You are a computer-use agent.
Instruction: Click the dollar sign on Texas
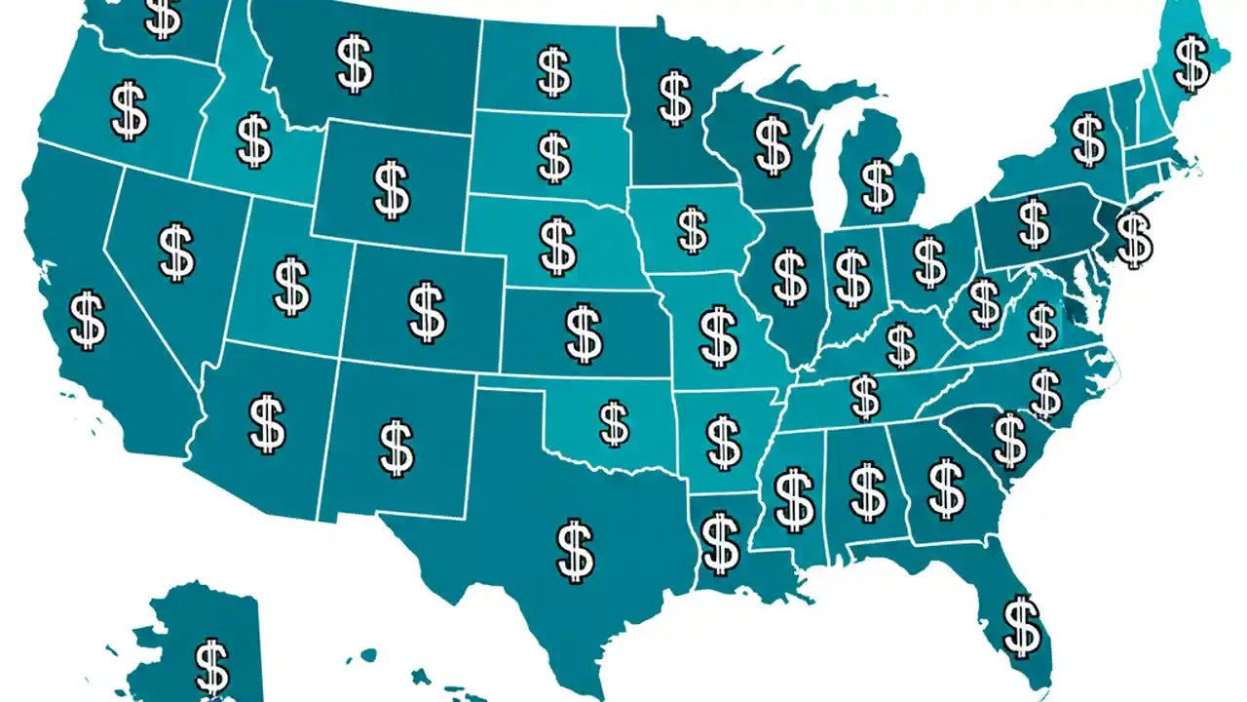click(x=575, y=550)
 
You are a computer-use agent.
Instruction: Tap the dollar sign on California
click(x=88, y=320)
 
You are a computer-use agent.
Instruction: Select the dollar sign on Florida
click(x=1021, y=626)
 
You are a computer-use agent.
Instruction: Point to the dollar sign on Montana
click(x=354, y=64)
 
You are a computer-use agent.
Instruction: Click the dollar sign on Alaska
click(x=211, y=667)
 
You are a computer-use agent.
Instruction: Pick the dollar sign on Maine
click(x=1191, y=62)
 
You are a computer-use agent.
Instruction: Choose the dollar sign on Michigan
click(x=877, y=185)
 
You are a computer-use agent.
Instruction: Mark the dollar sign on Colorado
click(x=426, y=312)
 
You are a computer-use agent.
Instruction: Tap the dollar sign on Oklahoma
click(x=614, y=424)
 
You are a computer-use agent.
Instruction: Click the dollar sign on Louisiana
click(x=720, y=543)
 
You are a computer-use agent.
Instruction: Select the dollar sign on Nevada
click(x=176, y=252)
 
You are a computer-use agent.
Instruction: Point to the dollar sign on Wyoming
click(x=391, y=190)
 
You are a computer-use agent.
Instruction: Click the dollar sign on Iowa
click(x=693, y=231)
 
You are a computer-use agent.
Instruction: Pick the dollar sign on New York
click(x=1087, y=139)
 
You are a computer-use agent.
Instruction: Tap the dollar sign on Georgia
click(x=945, y=488)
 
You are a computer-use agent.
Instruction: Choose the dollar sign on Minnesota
click(x=675, y=97)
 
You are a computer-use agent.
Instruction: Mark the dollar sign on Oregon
click(x=129, y=110)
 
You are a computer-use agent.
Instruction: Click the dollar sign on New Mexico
click(x=396, y=448)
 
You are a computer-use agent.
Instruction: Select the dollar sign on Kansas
click(x=583, y=332)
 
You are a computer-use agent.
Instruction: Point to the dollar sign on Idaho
click(x=254, y=141)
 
